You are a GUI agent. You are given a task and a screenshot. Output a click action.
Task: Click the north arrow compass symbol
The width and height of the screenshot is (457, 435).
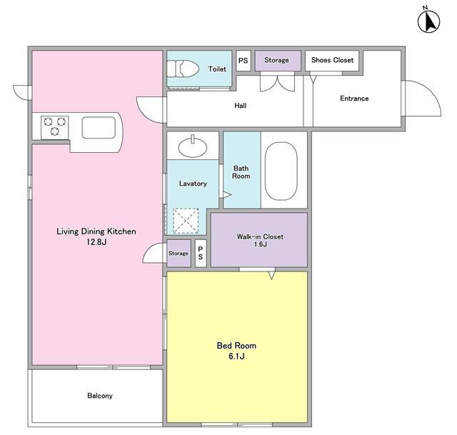[x=428, y=21]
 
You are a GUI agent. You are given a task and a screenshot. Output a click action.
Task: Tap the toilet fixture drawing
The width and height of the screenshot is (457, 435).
[x=183, y=69]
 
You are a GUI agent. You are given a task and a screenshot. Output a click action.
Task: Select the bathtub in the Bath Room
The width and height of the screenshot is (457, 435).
[x=281, y=171]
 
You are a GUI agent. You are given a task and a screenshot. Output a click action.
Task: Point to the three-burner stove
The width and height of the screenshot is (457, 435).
[x=55, y=127]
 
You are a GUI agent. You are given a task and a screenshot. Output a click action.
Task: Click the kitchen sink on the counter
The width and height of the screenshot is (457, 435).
[x=99, y=128]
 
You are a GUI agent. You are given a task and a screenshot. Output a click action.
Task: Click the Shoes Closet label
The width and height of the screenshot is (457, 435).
[x=332, y=60]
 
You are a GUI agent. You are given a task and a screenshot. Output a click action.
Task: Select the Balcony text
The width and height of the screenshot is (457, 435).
[x=100, y=396]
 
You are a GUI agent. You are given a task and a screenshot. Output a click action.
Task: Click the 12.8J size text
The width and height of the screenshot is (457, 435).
[x=96, y=242]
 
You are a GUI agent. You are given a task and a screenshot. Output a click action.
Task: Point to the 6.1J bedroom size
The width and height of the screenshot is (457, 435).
[x=236, y=356]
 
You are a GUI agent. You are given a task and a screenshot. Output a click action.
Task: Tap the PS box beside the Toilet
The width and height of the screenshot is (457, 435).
[x=243, y=61]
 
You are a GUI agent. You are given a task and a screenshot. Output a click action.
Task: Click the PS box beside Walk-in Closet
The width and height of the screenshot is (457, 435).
[x=201, y=253]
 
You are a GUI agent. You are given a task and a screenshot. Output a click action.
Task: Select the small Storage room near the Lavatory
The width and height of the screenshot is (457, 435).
[x=179, y=253]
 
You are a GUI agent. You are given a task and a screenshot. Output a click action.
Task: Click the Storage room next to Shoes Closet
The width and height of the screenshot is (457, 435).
[x=278, y=60]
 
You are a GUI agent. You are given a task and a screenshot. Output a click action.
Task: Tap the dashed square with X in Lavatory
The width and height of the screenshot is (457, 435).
[x=186, y=221]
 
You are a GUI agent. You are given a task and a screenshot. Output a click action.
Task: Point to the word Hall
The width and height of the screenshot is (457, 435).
[x=241, y=106]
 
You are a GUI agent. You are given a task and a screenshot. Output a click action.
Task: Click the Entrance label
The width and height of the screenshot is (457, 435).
[x=354, y=99]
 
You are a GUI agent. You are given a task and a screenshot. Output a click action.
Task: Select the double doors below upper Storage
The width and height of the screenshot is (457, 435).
[x=278, y=84]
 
